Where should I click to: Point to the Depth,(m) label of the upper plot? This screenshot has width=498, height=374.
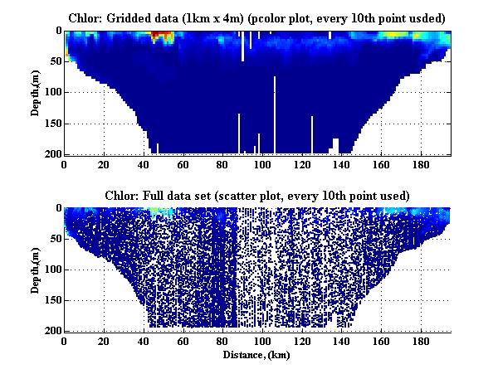pos(36,93)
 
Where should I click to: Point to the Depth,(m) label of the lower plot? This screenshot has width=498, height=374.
pos(36,270)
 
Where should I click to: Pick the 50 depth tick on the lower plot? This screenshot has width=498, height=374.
pos(56,238)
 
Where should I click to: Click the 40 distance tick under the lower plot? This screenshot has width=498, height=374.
pos(144,341)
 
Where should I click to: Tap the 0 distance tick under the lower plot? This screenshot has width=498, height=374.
pos(65,341)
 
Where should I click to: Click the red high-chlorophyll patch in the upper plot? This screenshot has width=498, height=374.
pos(159,36)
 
